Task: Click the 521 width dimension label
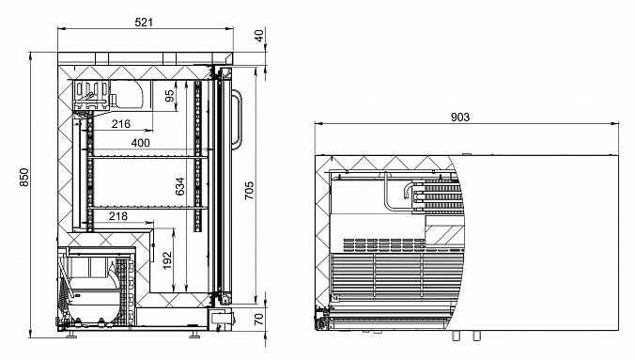click(144, 22)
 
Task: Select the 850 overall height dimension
click(24, 177)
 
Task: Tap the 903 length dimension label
click(460, 117)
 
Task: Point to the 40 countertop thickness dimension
click(259, 35)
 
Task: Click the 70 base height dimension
click(259, 319)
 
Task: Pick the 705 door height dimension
click(250, 190)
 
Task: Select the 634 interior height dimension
click(179, 186)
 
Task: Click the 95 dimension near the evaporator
click(170, 96)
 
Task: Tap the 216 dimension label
click(120, 124)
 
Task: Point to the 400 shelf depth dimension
click(141, 143)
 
